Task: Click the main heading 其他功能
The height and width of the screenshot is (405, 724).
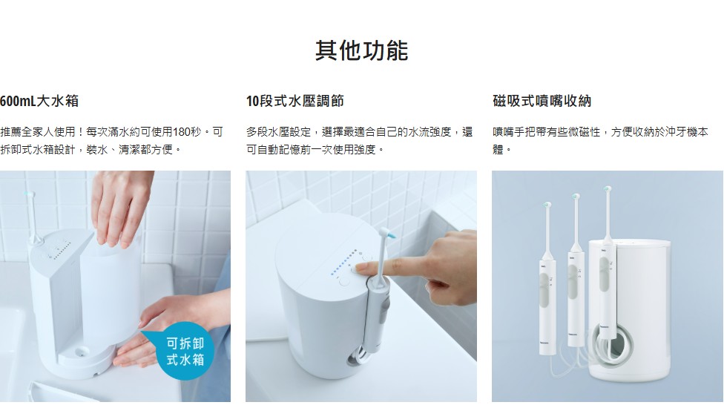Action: tap(361, 50)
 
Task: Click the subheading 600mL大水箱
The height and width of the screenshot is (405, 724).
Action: tap(39, 101)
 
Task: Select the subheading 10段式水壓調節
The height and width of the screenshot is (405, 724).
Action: tap(295, 101)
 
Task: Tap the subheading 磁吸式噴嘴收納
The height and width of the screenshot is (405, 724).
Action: tap(542, 101)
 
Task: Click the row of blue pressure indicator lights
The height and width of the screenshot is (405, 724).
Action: tap(343, 263)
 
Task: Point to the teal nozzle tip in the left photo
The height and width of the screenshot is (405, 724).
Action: tap(30, 195)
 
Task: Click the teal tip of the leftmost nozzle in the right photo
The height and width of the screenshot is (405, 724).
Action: tap(547, 205)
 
